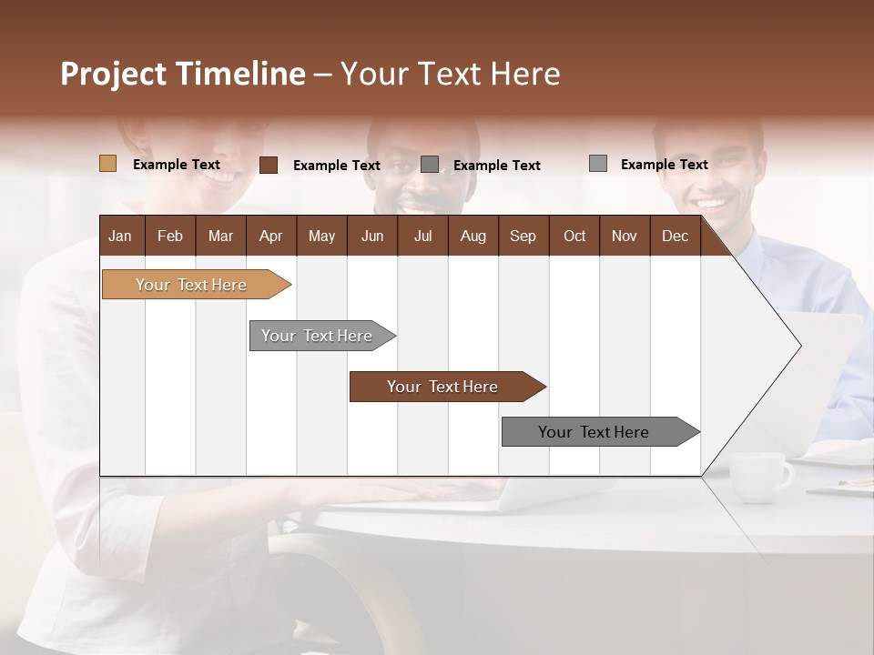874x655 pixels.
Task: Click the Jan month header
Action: click(120, 236)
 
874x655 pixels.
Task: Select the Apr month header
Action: click(270, 236)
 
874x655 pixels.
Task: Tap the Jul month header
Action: click(422, 236)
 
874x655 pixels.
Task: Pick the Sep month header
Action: click(523, 236)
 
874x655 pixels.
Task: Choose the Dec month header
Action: click(675, 236)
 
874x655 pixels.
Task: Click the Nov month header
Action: click(624, 236)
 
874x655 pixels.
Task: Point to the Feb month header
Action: click(170, 236)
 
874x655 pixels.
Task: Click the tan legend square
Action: click(107, 164)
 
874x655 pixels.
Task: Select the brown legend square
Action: click(268, 165)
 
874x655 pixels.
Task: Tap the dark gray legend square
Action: click(430, 165)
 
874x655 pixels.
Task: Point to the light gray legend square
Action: click(597, 164)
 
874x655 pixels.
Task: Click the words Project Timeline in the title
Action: click(182, 74)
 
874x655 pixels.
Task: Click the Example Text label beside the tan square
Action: click(177, 165)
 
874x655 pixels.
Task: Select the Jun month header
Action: click(372, 236)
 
